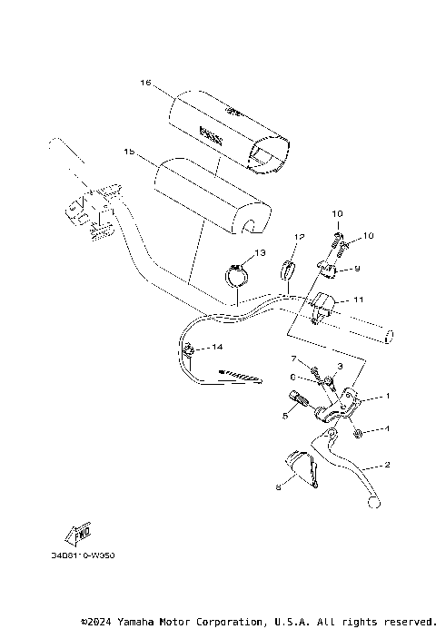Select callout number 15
coord(130,153)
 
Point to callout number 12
coord(297,237)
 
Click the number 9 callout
coord(357,269)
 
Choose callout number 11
coord(359,299)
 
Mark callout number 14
coord(217,348)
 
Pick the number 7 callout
coord(293,360)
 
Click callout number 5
coord(284,415)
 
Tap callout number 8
coord(278,486)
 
